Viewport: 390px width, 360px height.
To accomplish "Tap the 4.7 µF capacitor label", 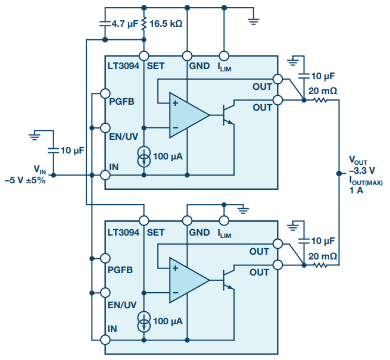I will coord(124,24).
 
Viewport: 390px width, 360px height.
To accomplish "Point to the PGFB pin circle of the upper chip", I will coord(106,93).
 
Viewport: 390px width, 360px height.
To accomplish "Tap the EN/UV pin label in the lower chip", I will coord(123,305).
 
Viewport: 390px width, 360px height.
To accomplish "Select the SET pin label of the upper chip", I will coord(155,66).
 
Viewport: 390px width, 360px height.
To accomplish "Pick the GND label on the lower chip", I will coord(199,232).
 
